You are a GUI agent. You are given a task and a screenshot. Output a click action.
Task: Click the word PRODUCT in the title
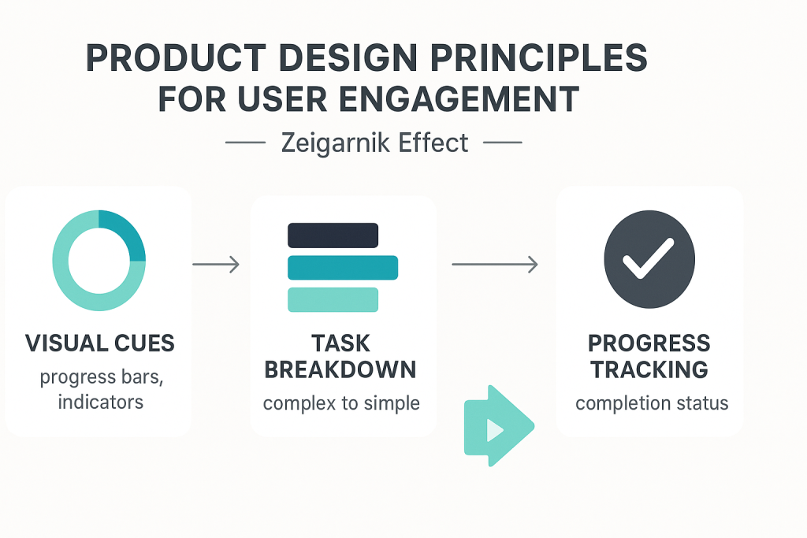(176, 58)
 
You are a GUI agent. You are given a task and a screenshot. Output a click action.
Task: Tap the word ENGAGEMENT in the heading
(459, 99)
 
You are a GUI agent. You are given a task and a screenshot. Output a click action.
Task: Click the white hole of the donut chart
(99, 261)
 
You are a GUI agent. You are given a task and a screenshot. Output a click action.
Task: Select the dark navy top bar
(333, 236)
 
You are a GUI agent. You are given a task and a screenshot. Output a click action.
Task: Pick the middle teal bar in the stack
(343, 268)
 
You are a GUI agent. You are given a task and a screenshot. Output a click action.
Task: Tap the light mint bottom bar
(333, 300)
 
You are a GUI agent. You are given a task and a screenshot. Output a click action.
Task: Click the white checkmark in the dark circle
(648, 258)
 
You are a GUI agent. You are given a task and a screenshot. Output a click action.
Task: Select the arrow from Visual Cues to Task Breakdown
(216, 265)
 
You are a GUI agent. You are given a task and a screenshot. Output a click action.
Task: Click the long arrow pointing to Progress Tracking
(495, 265)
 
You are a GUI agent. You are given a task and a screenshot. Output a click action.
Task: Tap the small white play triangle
(495, 430)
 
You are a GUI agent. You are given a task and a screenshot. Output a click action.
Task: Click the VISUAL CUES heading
(100, 343)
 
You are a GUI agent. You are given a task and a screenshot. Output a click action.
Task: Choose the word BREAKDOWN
(340, 369)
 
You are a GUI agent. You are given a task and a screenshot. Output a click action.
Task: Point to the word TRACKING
(649, 369)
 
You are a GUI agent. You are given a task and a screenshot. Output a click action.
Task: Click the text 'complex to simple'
(341, 403)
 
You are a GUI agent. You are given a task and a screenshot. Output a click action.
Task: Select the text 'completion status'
(652, 403)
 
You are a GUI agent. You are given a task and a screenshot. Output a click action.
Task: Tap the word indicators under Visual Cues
(100, 402)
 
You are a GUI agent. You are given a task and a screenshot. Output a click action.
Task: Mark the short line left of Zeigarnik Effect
(246, 143)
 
